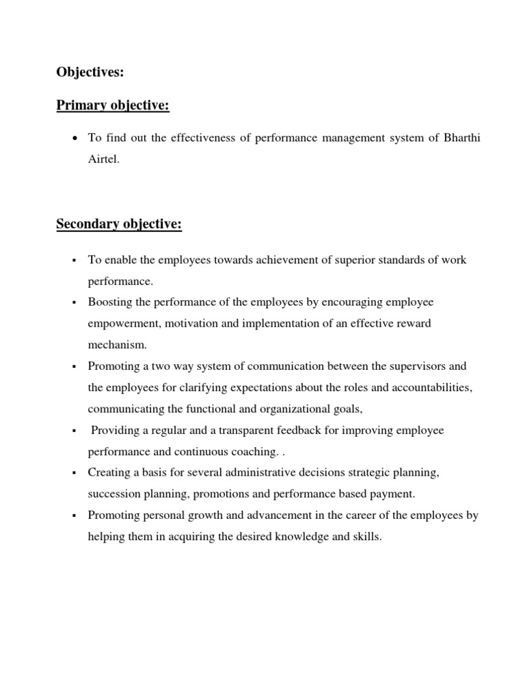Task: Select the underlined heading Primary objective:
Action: (x=112, y=105)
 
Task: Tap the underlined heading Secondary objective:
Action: (x=118, y=224)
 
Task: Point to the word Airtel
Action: (x=103, y=159)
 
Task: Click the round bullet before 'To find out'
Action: (x=73, y=139)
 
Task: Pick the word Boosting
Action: (x=108, y=302)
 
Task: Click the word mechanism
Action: (x=117, y=345)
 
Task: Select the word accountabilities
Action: (x=431, y=388)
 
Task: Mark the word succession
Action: (x=113, y=494)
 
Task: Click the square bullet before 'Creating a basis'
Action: (x=73, y=474)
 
